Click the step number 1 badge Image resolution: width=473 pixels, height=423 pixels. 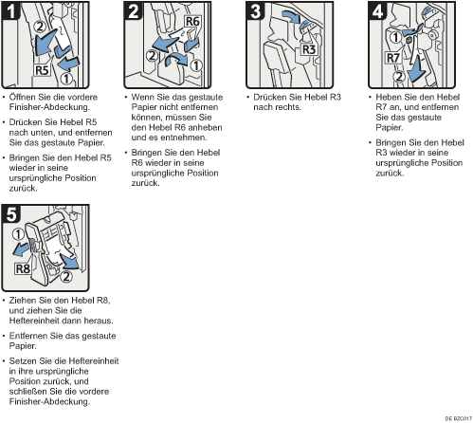coord(11,11)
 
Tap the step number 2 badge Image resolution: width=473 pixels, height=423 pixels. coord(134,11)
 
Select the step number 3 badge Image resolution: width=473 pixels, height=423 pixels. coord(256,11)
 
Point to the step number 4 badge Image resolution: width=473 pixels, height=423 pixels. coord(378,11)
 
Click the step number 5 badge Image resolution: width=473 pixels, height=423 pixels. coord(11,214)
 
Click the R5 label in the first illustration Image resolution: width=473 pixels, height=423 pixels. coord(42,70)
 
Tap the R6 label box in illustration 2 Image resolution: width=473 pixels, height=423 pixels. coord(192,22)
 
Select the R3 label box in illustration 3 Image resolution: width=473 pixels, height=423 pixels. coord(309,49)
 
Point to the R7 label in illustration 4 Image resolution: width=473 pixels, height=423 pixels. coord(393,58)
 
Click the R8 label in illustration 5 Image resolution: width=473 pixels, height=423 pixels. coord(23,269)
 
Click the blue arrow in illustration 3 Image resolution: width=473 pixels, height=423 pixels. coord(291,17)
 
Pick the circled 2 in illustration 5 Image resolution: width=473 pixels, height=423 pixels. coord(66,277)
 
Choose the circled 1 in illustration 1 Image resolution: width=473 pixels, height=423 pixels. coord(66,79)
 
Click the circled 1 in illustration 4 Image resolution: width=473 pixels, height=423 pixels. coord(395,37)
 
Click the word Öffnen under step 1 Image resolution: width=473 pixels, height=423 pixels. coord(23,97)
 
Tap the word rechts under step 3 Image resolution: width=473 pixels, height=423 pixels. coord(289,107)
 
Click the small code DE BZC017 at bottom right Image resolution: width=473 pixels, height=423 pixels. coord(459,418)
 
